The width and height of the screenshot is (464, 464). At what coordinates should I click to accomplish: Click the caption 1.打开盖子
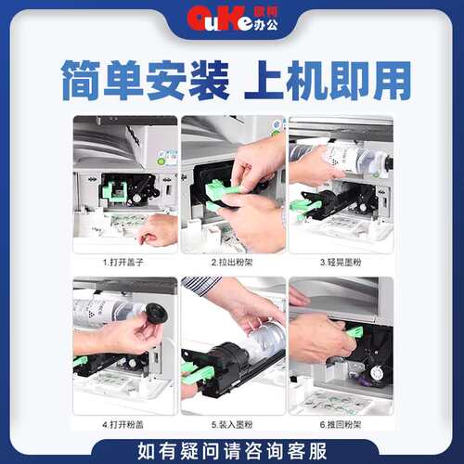[x=123, y=263]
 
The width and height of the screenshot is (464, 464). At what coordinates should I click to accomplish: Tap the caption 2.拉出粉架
[x=232, y=263]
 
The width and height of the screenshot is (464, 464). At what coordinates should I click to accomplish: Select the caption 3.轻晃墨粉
[x=341, y=263]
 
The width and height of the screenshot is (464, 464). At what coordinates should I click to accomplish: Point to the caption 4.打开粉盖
[x=123, y=424]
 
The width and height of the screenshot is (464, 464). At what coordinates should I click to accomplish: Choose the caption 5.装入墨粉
[x=232, y=424]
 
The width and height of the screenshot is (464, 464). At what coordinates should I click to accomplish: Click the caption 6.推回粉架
[x=341, y=424]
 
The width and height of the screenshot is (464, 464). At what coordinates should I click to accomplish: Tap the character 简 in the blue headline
[x=81, y=81]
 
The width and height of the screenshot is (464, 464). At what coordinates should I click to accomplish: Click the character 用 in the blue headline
[x=392, y=81]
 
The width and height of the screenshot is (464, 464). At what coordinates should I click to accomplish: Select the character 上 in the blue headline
[x=264, y=80]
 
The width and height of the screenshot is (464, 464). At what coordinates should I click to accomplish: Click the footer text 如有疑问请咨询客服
[x=232, y=451]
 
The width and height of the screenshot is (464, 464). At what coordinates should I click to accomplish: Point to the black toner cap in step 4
[x=157, y=313]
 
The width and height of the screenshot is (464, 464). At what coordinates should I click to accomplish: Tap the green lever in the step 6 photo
[x=354, y=332]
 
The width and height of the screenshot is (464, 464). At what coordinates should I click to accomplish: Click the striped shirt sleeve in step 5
[x=201, y=285]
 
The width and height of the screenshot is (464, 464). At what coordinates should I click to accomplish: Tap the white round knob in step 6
[x=376, y=374]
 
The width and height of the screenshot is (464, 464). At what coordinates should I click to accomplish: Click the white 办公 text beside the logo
[x=265, y=25]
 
